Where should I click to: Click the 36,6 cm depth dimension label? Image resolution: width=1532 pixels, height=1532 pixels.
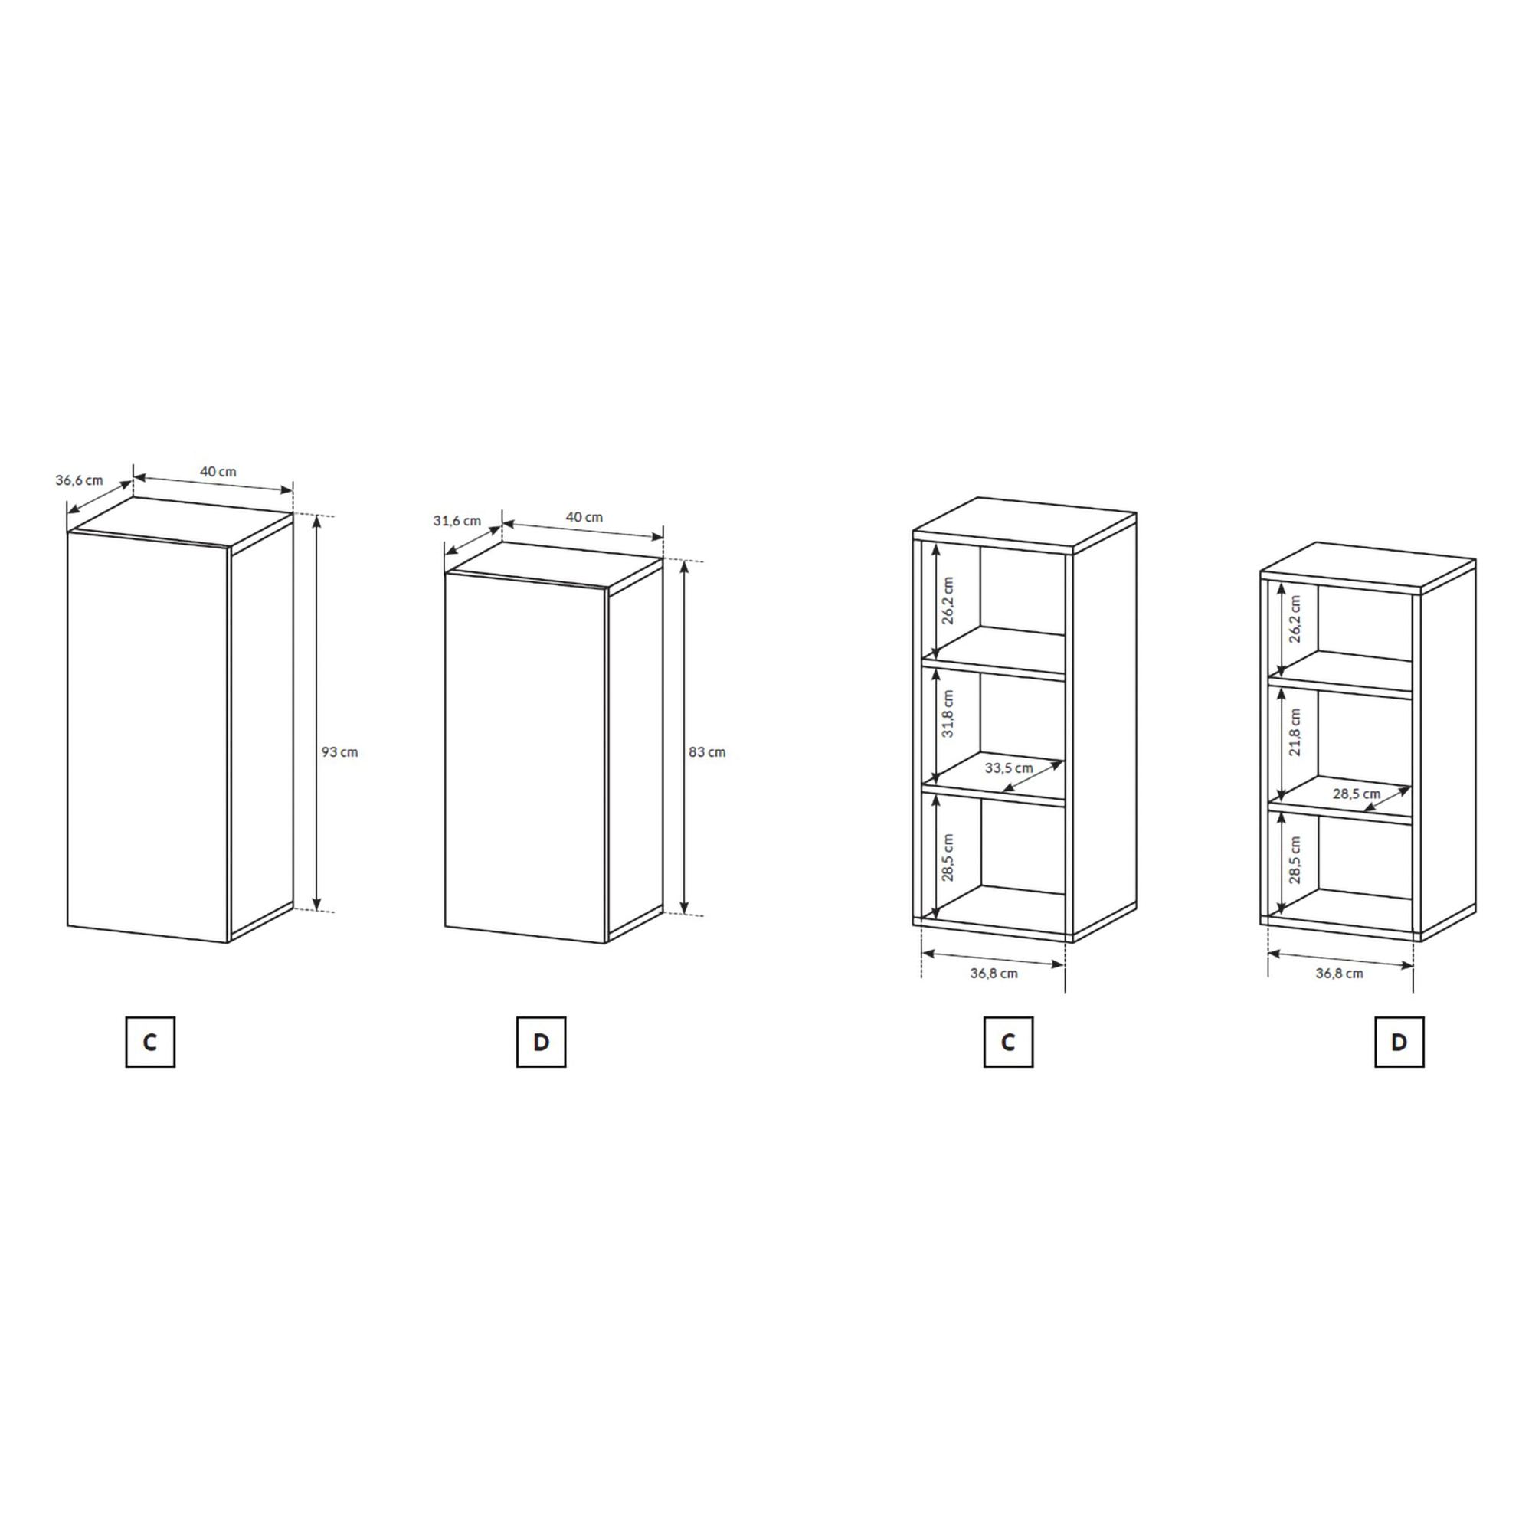click(80, 480)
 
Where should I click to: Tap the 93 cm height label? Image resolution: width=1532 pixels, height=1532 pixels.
click(339, 751)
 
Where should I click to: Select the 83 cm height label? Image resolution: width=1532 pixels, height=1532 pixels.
click(706, 751)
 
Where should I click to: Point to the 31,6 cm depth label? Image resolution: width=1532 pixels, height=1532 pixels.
click(457, 521)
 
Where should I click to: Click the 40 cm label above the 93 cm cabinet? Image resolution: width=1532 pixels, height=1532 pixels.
click(218, 471)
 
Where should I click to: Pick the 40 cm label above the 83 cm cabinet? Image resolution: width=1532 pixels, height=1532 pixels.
click(584, 517)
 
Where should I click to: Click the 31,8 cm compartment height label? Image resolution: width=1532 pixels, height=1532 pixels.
click(948, 714)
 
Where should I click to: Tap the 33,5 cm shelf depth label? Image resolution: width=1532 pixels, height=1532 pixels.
click(1009, 768)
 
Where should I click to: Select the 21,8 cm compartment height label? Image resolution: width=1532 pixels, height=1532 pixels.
click(1295, 732)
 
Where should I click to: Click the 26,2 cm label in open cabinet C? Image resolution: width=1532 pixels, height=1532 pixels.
click(948, 601)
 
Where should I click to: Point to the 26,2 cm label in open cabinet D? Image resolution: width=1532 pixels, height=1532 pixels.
click(1295, 618)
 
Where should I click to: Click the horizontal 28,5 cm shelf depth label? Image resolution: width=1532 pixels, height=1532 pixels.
click(1357, 793)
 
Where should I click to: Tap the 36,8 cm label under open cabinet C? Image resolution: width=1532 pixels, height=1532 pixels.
click(994, 973)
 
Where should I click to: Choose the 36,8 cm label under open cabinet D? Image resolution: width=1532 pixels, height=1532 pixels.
click(1339, 973)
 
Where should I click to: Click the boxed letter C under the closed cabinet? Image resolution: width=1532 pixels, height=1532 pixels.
click(150, 1042)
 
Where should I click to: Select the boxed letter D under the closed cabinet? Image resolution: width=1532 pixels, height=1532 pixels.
click(541, 1042)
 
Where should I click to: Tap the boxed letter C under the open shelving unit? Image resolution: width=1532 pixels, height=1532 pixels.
click(1008, 1042)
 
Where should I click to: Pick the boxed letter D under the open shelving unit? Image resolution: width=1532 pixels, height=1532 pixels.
click(1399, 1042)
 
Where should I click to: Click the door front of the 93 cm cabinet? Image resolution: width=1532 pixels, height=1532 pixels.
click(149, 737)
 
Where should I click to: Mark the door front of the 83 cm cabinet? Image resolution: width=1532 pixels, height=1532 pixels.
click(525, 758)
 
